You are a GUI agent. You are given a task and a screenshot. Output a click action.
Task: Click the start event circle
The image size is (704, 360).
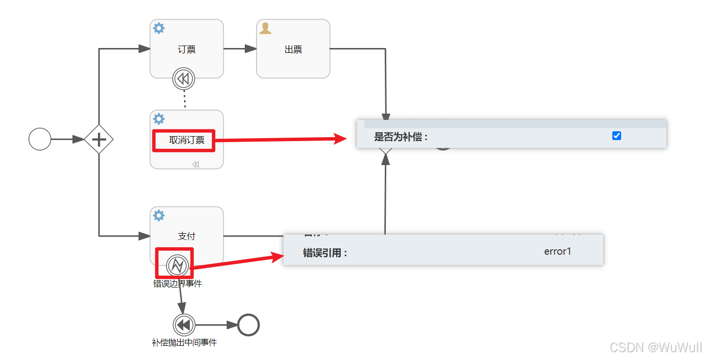(40, 139)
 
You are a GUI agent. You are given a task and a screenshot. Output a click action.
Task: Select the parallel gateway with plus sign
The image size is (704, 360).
(99, 140)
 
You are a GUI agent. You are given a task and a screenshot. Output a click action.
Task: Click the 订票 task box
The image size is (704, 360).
(187, 49)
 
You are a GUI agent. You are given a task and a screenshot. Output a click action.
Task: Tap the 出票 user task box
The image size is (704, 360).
(293, 49)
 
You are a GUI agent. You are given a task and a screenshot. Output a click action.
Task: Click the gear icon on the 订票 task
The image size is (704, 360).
(159, 28)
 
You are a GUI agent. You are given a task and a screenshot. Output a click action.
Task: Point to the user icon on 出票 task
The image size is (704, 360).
(265, 28)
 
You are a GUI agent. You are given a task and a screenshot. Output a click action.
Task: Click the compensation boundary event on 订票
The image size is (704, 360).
(184, 78)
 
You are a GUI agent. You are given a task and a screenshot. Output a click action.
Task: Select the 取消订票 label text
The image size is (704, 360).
(184, 140)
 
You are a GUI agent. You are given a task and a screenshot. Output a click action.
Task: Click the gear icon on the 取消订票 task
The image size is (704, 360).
(159, 119)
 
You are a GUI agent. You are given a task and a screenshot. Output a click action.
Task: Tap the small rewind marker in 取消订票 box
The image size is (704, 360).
(196, 165)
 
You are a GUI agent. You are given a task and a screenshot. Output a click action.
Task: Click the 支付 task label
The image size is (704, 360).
(187, 236)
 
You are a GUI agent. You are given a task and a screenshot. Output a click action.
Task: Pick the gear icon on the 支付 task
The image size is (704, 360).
(159, 216)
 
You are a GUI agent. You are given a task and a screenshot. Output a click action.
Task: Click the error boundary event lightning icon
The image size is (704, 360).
(177, 265)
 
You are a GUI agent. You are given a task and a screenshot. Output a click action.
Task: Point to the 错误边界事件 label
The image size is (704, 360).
(177, 284)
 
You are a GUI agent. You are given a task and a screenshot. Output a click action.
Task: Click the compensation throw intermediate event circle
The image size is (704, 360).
(184, 325)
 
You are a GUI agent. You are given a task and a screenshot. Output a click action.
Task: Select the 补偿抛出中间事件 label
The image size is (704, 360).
(184, 342)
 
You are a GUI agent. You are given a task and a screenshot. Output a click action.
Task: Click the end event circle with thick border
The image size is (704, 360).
(248, 325)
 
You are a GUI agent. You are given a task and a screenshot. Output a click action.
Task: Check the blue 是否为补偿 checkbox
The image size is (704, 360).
(616, 136)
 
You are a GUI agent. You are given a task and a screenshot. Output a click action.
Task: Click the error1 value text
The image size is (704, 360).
(557, 252)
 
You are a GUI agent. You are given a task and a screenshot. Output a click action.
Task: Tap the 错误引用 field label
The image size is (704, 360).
(325, 253)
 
